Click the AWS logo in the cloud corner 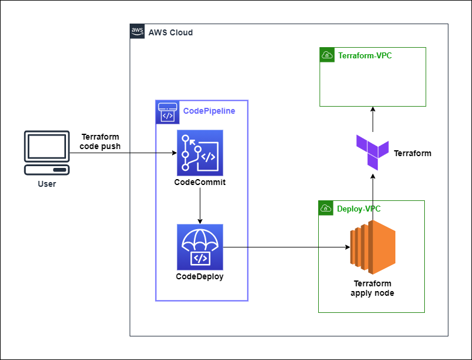(137, 31)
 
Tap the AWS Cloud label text (170, 32)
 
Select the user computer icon (47, 153)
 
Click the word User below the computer (47, 184)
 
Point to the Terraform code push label (100, 141)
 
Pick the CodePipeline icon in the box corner (167, 112)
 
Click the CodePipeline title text (209, 111)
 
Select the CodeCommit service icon (200, 153)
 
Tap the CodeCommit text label (200, 182)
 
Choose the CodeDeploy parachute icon (200, 247)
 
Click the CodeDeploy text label (200, 276)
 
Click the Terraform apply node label (372, 288)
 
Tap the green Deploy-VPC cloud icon (326, 209)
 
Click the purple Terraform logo (372, 152)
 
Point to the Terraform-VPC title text (365, 56)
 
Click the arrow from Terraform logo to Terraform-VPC (372, 120)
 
